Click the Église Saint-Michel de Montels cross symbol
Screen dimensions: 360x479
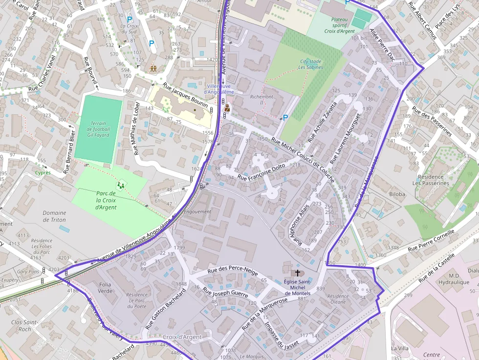[296, 274]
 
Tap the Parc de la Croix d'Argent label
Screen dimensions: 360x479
[106, 200]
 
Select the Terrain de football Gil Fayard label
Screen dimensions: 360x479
[98, 129]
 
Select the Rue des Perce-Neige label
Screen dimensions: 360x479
[232, 271]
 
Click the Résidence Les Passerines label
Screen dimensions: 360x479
[431, 180]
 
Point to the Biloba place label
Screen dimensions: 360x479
[397, 194]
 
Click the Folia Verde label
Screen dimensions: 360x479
[105, 287]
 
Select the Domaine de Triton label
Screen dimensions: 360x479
[54, 216]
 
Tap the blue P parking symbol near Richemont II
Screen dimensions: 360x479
[285, 117]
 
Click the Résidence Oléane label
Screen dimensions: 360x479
[338, 299]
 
